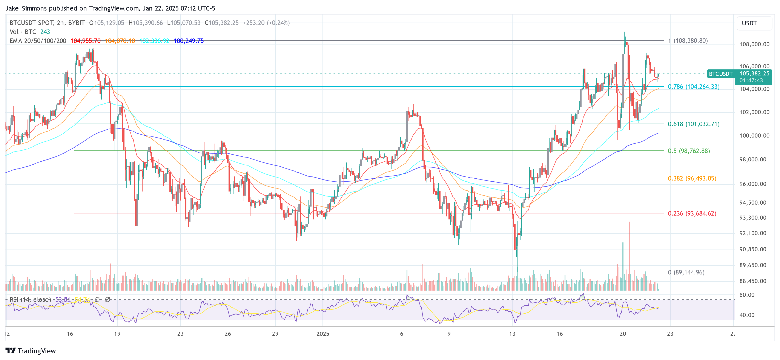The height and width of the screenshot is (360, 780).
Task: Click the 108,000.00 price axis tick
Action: point(754,44)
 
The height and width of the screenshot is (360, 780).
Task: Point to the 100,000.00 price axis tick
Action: point(754,136)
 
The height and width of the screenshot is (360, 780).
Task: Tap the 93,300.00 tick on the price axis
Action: point(752,218)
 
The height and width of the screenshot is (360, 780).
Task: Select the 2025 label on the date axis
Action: point(322,334)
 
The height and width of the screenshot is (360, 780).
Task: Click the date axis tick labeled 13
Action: point(512,334)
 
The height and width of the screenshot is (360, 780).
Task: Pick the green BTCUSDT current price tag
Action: point(721,74)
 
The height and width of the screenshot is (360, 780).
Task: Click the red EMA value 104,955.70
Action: point(85,41)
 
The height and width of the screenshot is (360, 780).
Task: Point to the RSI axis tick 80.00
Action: point(747,295)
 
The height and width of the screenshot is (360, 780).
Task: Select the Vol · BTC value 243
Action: point(45,32)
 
